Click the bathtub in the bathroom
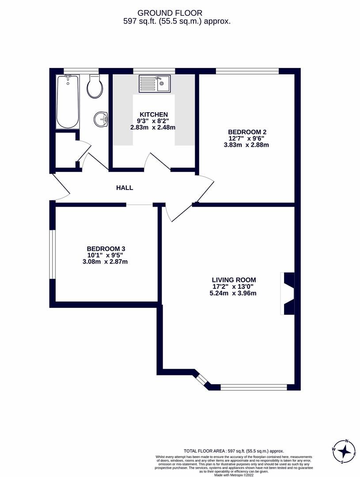click(x=68, y=102)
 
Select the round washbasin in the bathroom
click(x=102, y=119)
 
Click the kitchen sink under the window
click(x=155, y=83)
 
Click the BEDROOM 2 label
click(x=247, y=132)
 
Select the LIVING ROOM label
click(x=234, y=280)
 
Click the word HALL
click(x=125, y=188)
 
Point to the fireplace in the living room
click(x=288, y=294)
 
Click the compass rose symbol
click(x=344, y=452)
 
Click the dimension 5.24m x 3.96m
click(x=233, y=293)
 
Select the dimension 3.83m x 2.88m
click(x=247, y=144)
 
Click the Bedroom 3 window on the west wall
click(x=52, y=254)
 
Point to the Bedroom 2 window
click(x=247, y=71)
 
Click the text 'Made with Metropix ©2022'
click(x=234, y=475)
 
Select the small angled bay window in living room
click(x=201, y=380)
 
